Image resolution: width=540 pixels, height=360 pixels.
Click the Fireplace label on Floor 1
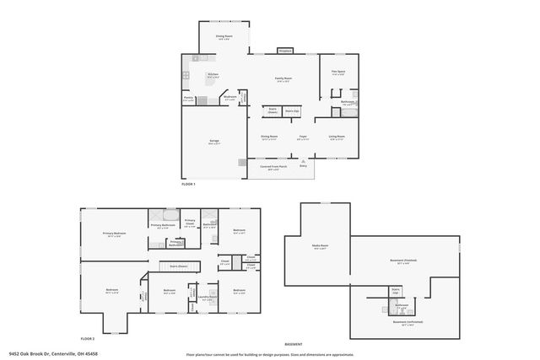(x=284, y=51)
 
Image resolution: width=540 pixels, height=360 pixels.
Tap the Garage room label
(x=214, y=142)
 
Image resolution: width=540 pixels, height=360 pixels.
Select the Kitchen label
(x=213, y=75)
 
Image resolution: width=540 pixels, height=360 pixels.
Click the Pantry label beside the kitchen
(x=189, y=98)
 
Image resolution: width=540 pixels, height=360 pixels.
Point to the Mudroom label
(x=229, y=98)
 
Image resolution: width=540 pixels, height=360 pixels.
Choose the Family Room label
(x=283, y=79)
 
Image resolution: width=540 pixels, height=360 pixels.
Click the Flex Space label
(x=337, y=72)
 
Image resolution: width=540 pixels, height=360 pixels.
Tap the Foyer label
(x=302, y=137)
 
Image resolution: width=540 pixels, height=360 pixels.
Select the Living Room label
(x=337, y=137)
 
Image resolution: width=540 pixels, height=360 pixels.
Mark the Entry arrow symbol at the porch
(x=302, y=164)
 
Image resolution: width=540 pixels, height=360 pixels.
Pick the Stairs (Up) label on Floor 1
(x=292, y=111)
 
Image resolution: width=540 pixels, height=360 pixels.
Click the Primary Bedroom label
(x=114, y=234)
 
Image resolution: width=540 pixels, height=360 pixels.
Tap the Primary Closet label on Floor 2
(x=190, y=223)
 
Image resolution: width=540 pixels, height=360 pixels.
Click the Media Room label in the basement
(x=320, y=248)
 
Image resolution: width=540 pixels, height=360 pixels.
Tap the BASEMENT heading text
(x=294, y=345)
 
